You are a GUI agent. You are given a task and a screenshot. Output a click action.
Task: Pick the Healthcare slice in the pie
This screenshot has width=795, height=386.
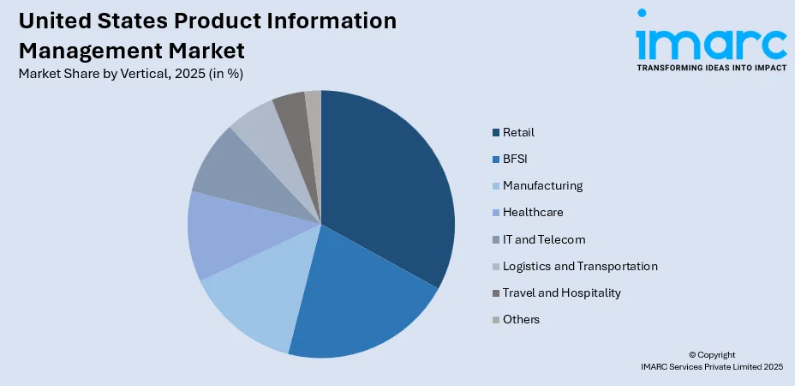(x=227, y=236)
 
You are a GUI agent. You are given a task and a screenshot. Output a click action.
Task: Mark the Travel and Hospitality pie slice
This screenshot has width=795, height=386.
(x=291, y=108)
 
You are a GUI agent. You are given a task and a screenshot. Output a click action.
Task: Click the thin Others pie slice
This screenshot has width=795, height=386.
(x=314, y=103)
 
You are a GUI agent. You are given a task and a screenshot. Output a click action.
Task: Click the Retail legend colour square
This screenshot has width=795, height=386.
(x=496, y=133)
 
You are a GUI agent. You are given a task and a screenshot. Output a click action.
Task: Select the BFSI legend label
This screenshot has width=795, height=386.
(x=517, y=159)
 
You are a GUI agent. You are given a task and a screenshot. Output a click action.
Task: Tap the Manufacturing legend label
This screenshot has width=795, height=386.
(x=542, y=185)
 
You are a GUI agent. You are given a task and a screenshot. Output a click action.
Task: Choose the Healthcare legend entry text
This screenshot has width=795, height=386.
(x=533, y=212)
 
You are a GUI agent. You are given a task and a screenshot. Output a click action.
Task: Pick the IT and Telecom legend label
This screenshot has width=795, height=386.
(x=544, y=239)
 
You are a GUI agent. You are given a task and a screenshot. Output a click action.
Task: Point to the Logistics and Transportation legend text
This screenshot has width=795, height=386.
(x=580, y=266)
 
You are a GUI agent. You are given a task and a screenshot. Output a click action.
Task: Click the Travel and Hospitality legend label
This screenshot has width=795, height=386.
(x=561, y=293)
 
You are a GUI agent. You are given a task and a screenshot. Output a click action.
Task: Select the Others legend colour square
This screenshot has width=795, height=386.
(x=496, y=320)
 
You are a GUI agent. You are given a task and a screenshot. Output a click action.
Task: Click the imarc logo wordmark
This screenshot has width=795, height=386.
(x=710, y=39)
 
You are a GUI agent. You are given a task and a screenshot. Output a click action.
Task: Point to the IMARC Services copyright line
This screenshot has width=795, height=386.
(x=712, y=366)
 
